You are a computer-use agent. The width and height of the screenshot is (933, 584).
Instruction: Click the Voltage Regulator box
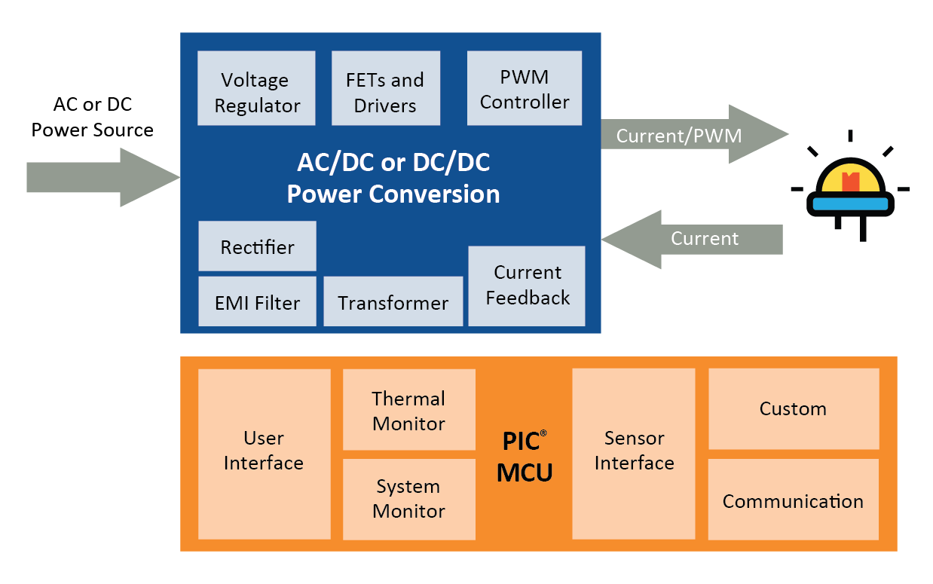click(256, 88)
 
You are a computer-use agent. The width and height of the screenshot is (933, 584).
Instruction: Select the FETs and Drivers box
click(386, 88)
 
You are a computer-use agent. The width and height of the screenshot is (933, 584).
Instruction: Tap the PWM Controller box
click(525, 88)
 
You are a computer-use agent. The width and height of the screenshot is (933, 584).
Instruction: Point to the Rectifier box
click(257, 246)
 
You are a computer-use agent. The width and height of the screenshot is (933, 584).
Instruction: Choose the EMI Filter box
click(257, 301)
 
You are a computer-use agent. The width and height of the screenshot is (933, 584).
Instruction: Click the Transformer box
click(393, 301)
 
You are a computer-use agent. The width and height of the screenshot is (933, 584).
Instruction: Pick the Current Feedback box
click(527, 286)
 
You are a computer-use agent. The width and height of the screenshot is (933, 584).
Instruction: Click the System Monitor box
click(408, 499)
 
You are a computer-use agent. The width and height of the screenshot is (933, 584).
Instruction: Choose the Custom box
click(793, 409)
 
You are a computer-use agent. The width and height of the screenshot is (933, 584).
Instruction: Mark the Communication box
click(793, 500)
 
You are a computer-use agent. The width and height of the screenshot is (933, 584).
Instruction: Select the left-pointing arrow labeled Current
click(693, 239)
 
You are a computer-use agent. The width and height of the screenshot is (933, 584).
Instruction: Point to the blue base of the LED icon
click(850, 203)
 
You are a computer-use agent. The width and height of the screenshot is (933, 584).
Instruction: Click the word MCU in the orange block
click(525, 472)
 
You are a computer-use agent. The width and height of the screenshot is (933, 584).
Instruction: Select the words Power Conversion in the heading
click(393, 194)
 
